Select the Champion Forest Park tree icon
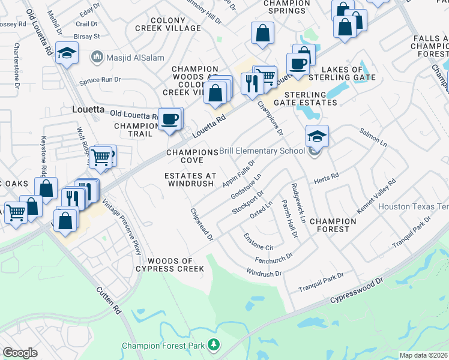[213, 345]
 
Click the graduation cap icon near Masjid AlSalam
[66, 53]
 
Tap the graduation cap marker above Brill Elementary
[317, 136]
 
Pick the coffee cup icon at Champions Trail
[170, 119]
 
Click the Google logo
[20, 353]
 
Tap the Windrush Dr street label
[264, 273]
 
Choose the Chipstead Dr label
[202, 225]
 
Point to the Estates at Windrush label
[190, 179]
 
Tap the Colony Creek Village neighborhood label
[176, 24]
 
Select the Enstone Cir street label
[258, 242]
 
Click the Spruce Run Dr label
[100, 79]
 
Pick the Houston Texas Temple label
[414, 206]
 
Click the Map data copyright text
[424, 355]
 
